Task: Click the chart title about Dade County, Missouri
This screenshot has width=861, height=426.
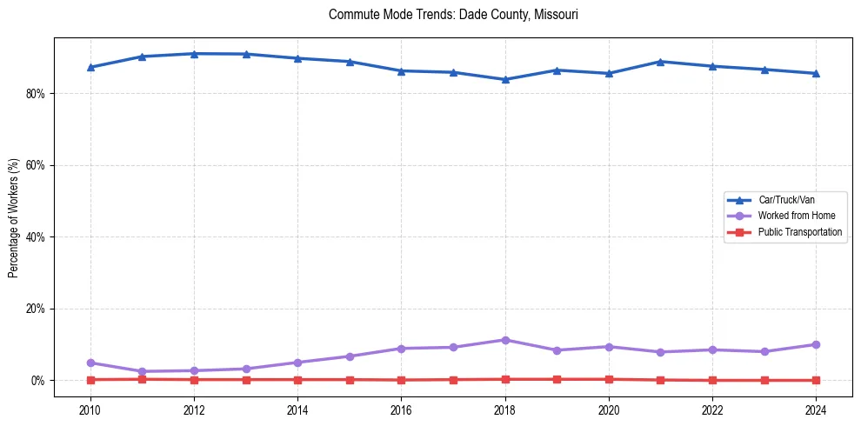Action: click(x=453, y=15)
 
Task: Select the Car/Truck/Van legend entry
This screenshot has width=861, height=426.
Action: click(x=786, y=200)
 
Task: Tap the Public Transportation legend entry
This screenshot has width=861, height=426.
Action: click(x=799, y=232)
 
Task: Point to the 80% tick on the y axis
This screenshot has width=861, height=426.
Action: click(x=37, y=93)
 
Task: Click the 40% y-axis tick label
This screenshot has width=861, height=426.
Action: click(x=37, y=236)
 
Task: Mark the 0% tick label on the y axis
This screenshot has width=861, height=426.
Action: click(x=39, y=381)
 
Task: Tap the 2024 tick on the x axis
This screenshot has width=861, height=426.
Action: click(x=816, y=409)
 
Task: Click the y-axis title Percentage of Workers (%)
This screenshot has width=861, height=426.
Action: click(x=14, y=217)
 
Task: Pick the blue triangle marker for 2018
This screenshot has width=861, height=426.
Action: click(x=505, y=79)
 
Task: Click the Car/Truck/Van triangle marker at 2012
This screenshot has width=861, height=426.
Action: click(x=194, y=54)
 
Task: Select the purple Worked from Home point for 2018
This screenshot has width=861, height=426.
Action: click(x=505, y=340)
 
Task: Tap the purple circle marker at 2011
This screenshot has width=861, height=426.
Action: click(x=142, y=371)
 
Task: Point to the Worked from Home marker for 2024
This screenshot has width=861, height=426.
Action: click(x=816, y=344)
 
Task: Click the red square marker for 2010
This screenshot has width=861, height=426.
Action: click(x=90, y=379)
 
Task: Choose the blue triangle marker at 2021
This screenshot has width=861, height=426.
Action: click(x=661, y=62)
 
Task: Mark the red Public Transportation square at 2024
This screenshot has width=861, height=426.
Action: click(x=816, y=380)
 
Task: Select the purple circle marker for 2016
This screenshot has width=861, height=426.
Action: click(x=401, y=349)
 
